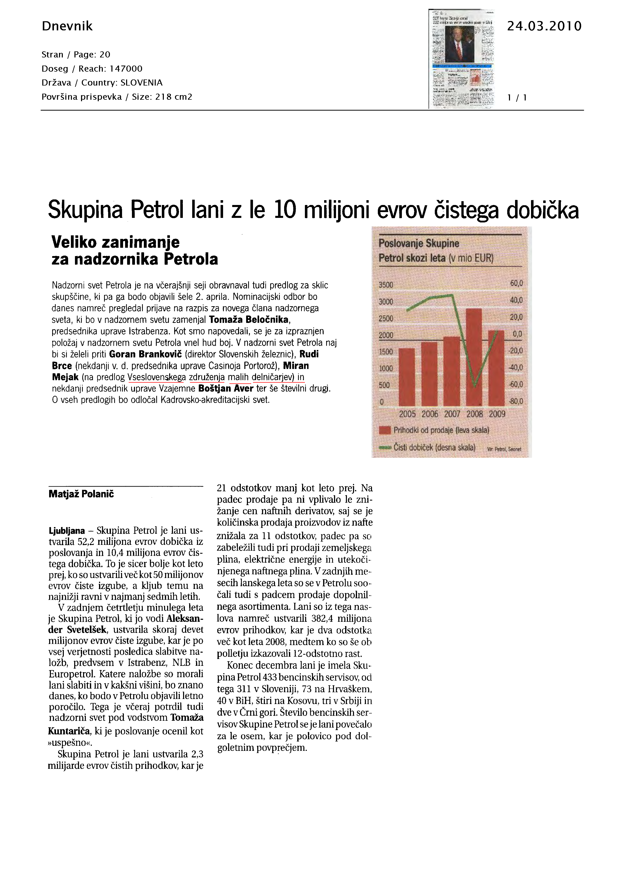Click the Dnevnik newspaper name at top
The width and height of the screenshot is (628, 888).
67,26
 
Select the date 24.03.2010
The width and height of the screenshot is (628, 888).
544,26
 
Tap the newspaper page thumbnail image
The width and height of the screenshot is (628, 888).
462,59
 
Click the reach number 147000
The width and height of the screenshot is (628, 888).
126,69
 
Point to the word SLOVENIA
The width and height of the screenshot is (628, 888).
142,83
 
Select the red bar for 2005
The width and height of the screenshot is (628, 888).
407,377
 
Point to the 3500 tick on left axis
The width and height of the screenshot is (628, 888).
386,285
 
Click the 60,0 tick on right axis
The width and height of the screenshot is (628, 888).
516,283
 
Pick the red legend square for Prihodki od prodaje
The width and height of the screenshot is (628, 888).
385,430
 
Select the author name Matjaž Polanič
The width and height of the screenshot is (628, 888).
81,494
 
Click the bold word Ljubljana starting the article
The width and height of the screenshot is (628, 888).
67,531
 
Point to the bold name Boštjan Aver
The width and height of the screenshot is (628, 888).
226,388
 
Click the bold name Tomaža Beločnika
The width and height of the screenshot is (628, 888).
249,319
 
